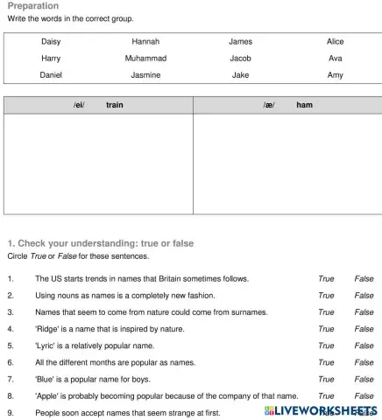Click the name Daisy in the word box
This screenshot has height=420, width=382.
pyautogui.click(x=51, y=41)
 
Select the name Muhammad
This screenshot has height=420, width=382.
pyautogui.click(x=145, y=58)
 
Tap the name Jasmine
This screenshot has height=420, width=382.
pyautogui.click(x=145, y=75)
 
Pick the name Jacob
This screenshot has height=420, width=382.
pyautogui.click(x=240, y=58)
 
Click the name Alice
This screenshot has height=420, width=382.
pyautogui.click(x=335, y=41)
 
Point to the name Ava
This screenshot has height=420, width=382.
pyautogui.click(x=335, y=58)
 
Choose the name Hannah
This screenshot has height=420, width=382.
pyautogui.click(x=145, y=41)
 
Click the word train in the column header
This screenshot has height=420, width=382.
pyautogui.click(x=115, y=105)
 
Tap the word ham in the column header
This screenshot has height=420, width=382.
pyautogui.click(x=304, y=105)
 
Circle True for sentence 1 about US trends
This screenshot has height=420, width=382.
pyautogui.click(x=326, y=279)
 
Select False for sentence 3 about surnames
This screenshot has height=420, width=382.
pyautogui.click(x=364, y=312)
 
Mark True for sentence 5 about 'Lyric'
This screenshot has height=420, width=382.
pyautogui.click(x=326, y=346)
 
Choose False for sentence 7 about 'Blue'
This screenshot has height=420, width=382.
pyautogui.click(x=364, y=379)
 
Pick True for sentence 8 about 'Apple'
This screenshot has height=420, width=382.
pyautogui.click(x=326, y=395)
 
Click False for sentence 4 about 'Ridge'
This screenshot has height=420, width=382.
pyautogui.click(x=364, y=329)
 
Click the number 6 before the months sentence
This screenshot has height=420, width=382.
pyautogui.click(x=10, y=362)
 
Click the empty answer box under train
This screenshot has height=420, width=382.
pyautogui.click(x=98, y=164)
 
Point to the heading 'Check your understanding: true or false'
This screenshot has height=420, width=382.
pyautogui.click(x=100, y=242)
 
